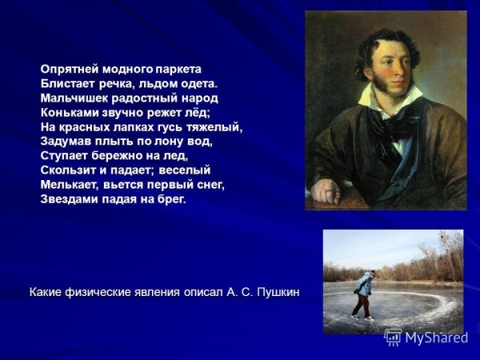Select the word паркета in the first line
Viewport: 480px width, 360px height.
point(178,69)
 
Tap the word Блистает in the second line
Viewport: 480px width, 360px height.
point(66,83)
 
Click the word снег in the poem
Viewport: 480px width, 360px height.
point(210,184)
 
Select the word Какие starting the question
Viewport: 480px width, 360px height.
point(46,293)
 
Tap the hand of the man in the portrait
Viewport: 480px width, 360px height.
point(326,191)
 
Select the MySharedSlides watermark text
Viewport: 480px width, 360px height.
point(435,338)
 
